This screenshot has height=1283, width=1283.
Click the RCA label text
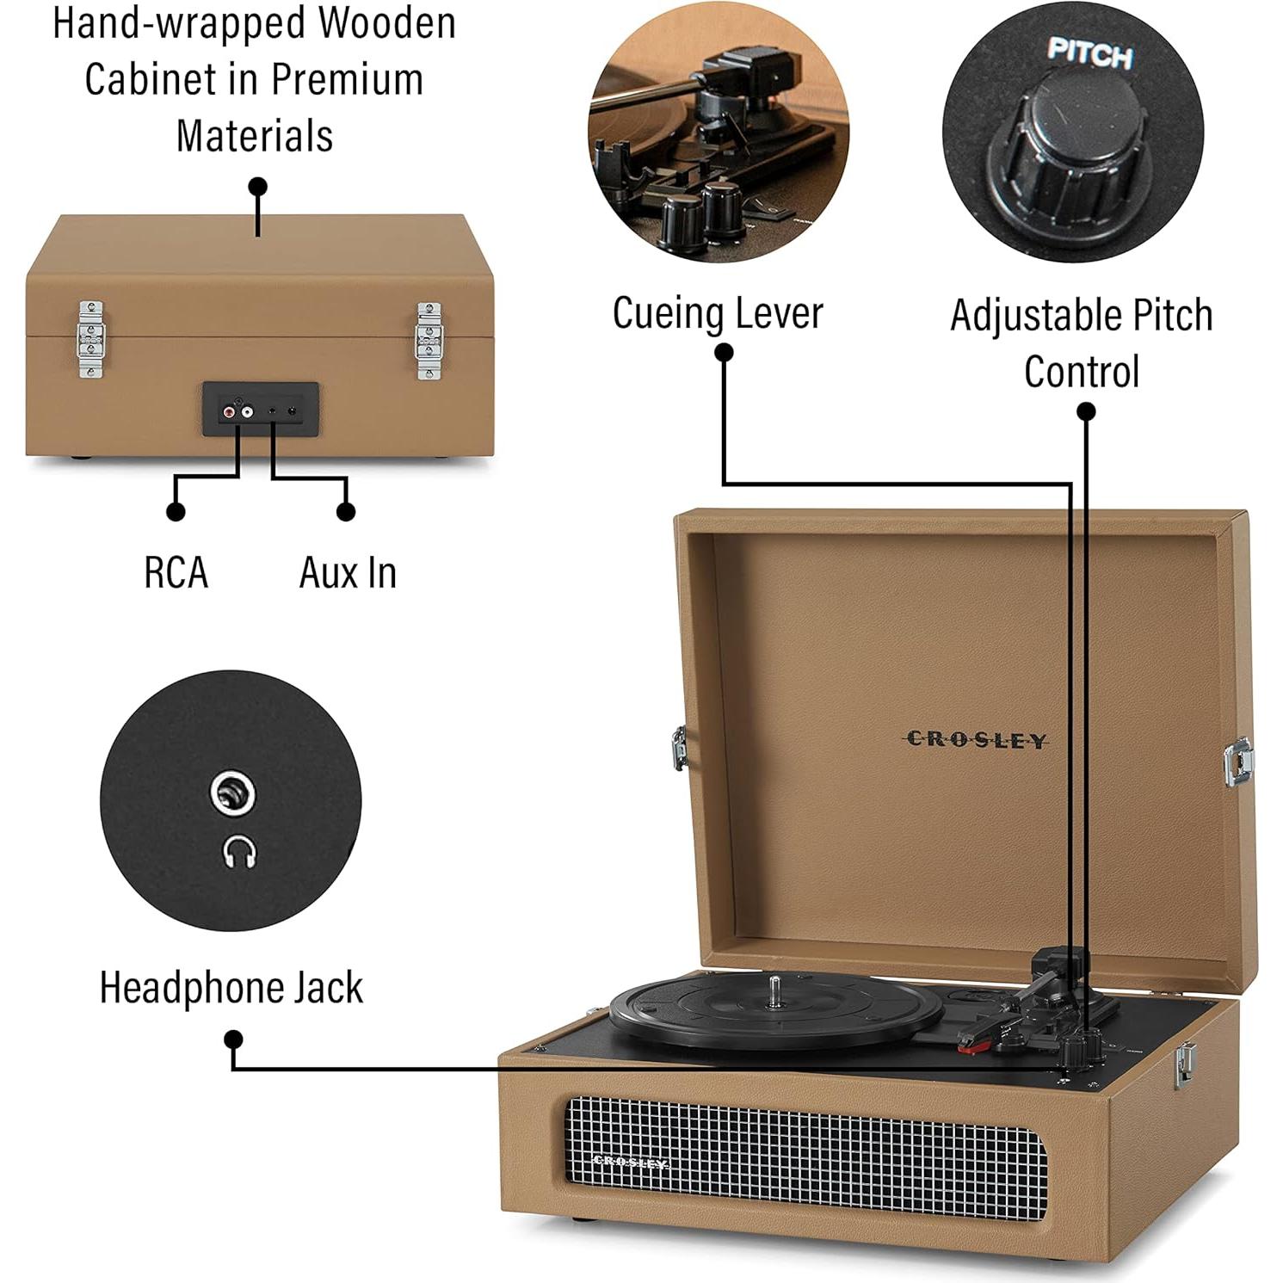176,573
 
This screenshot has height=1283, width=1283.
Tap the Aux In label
348,573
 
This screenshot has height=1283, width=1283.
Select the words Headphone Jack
231,987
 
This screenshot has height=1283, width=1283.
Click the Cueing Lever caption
718,312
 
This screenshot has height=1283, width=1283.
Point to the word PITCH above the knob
1089,53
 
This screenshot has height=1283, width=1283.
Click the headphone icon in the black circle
240,853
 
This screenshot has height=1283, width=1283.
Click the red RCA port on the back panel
229,413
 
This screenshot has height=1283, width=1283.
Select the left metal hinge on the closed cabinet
90,339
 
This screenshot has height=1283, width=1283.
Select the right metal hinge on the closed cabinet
428,341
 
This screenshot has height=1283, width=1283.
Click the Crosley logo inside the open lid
977,740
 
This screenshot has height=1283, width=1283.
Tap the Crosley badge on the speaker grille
631,1163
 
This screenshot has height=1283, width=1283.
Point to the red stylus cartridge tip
974,1046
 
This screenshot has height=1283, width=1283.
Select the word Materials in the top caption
255,136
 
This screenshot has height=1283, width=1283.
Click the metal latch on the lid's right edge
1238,762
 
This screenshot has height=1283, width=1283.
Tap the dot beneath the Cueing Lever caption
725,352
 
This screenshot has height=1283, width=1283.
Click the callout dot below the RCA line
176,512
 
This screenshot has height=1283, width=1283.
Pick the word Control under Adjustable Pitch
1082,372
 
